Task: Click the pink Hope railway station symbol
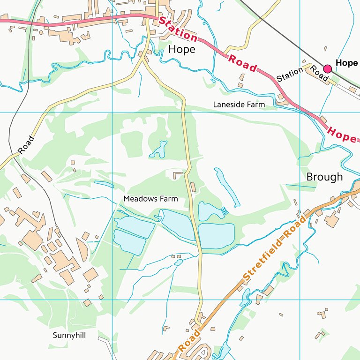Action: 327,69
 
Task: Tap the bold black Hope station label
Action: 347,63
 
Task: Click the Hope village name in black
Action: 181,49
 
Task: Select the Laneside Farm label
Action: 239,105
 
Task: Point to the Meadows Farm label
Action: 150,199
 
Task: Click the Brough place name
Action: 324,177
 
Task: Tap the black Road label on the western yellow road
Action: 26,145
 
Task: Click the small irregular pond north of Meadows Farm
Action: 158,150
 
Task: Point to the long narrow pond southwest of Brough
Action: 227,187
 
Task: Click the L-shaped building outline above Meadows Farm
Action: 178,175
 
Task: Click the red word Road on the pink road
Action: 242,63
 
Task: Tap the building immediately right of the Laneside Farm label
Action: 283,100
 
